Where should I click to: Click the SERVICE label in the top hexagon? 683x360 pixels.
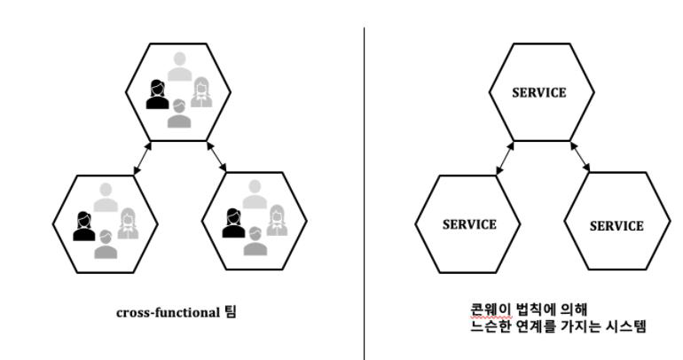coord(538,93)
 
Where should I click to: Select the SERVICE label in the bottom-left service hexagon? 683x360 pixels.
coord(468,223)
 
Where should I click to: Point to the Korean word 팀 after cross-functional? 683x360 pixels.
coord(231,312)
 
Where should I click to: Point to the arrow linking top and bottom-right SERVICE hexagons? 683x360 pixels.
coord(581,159)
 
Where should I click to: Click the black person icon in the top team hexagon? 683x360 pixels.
coord(157,94)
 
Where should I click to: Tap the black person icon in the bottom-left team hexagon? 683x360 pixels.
coord(83,225)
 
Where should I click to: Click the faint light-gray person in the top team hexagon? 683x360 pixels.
coord(180,67)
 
